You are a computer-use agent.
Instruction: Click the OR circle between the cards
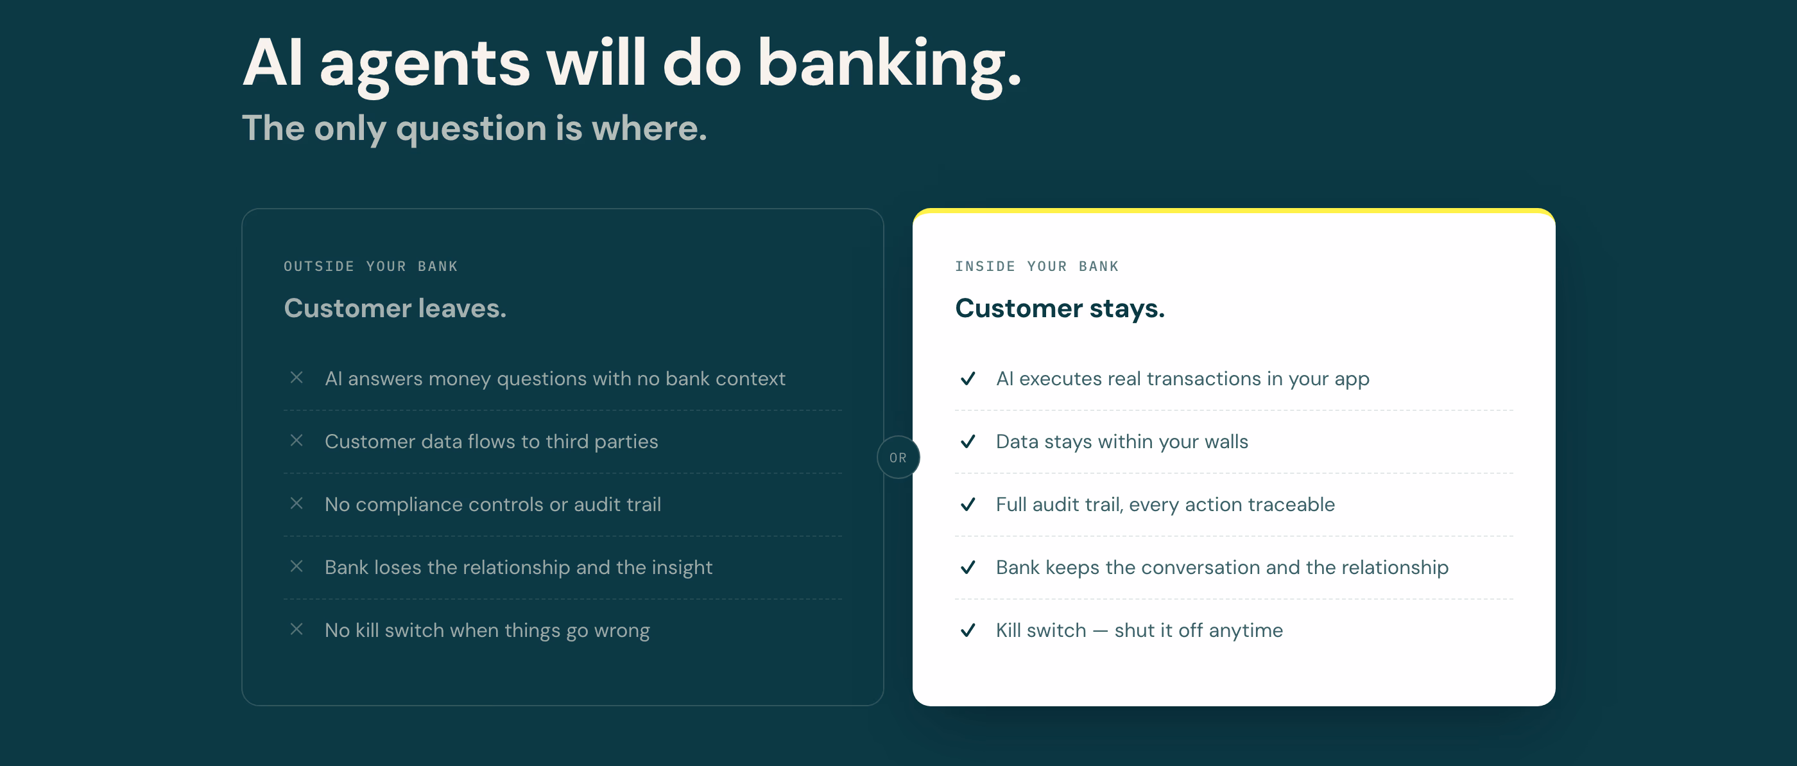pos(898,458)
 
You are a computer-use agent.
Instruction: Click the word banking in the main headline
pos(890,66)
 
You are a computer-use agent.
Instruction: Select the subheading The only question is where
pos(474,128)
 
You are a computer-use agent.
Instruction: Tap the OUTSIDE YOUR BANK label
pos(370,266)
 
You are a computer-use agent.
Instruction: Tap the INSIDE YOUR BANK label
pos(1036,266)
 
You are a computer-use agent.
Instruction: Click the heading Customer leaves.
pos(395,308)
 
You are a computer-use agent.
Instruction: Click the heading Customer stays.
pos(1060,308)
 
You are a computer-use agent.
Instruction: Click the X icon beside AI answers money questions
pos(297,378)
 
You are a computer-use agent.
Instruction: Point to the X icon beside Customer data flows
pos(297,440)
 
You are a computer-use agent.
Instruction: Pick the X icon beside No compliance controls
pos(297,503)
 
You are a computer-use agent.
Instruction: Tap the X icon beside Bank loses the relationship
pos(297,566)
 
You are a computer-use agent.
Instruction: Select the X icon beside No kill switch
pos(297,629)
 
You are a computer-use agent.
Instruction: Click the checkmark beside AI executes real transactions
pos(968,378)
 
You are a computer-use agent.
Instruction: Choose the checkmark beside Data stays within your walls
pos(968,441)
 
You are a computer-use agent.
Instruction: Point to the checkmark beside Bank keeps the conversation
pos(968,566)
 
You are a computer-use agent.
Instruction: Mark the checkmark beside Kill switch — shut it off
pos(968,629)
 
